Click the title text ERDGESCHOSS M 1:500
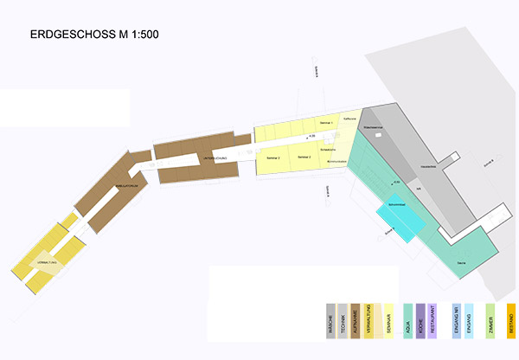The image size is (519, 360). (x=94, y=35)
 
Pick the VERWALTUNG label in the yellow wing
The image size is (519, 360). (x=48, y=260)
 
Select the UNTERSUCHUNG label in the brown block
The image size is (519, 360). (x=215, y=160)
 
